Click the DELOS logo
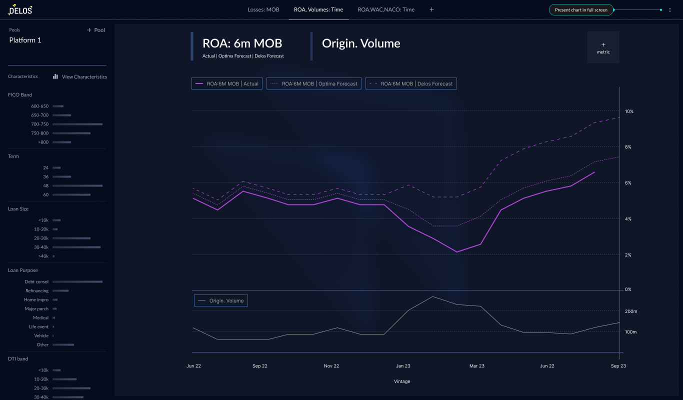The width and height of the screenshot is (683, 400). click(20, 10)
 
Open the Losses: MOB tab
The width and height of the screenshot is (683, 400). click(263, 10)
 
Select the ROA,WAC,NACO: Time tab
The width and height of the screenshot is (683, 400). click(386, 10)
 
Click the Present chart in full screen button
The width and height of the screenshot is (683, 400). click(581, 10)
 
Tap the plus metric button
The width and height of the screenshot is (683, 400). click(603, 47)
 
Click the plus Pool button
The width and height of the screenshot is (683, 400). click(96, 30)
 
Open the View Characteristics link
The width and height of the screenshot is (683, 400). click(80, 76)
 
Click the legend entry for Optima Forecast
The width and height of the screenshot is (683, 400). click(314, 83)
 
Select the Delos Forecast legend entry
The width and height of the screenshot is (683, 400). click(411, 83)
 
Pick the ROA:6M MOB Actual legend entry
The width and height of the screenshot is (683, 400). click(227, 83)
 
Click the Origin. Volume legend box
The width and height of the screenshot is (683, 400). click(221, 300)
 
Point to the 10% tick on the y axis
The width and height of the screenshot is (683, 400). click(629, 111)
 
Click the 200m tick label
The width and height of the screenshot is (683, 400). click(631, 311)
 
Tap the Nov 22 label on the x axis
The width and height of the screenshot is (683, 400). click(331, 366)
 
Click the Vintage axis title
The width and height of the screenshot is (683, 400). click(402, 381)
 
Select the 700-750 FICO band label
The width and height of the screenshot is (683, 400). click(39, 124)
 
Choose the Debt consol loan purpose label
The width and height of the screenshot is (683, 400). click(36, 281)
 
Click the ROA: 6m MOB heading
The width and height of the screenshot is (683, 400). click(242, 43)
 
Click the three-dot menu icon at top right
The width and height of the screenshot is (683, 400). click(670, 10)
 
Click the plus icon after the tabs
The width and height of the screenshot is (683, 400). click(432, 10)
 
